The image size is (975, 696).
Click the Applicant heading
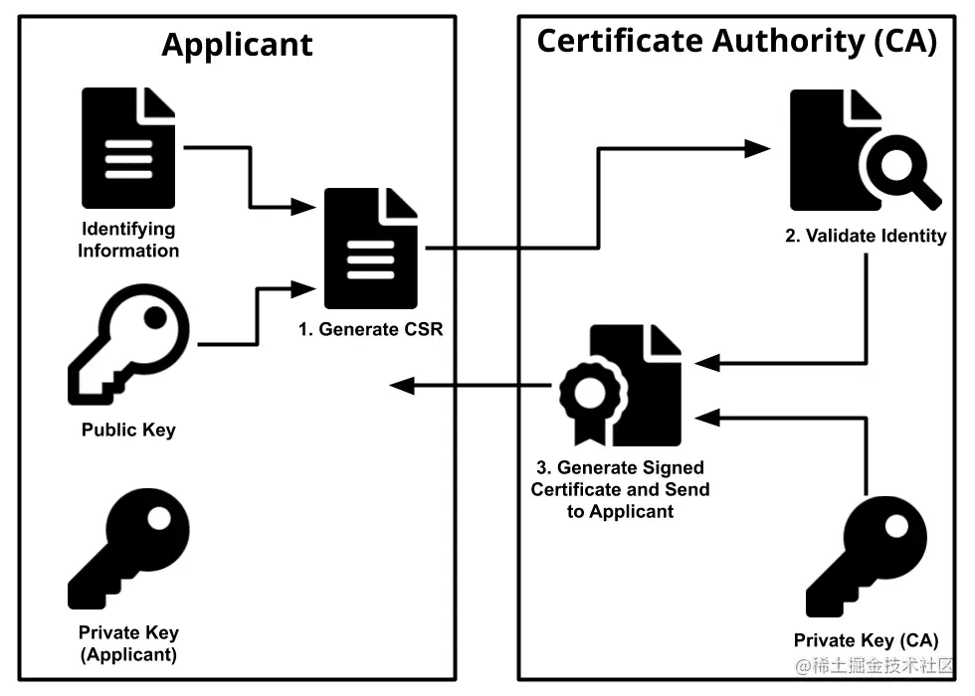(237, 45)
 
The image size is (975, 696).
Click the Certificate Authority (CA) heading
(736, 42)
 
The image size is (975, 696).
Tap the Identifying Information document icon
(128, 147)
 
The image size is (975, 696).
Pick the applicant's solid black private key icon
(128, 549)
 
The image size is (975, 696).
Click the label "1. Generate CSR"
(371, 329)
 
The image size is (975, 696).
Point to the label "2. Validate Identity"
(863, 237)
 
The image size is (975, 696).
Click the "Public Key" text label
(128, 431)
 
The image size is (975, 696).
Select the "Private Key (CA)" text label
(866, 641)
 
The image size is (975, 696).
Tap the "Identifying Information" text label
(128, 240)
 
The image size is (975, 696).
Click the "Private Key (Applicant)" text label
(128, 643)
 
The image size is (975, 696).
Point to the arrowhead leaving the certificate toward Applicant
(402, 385)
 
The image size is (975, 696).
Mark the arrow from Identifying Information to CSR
(250, 179)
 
